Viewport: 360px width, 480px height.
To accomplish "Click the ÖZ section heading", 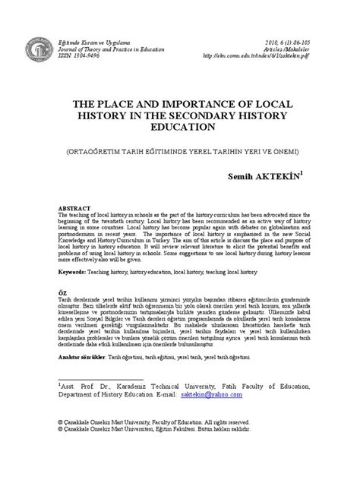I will [62, 313].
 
